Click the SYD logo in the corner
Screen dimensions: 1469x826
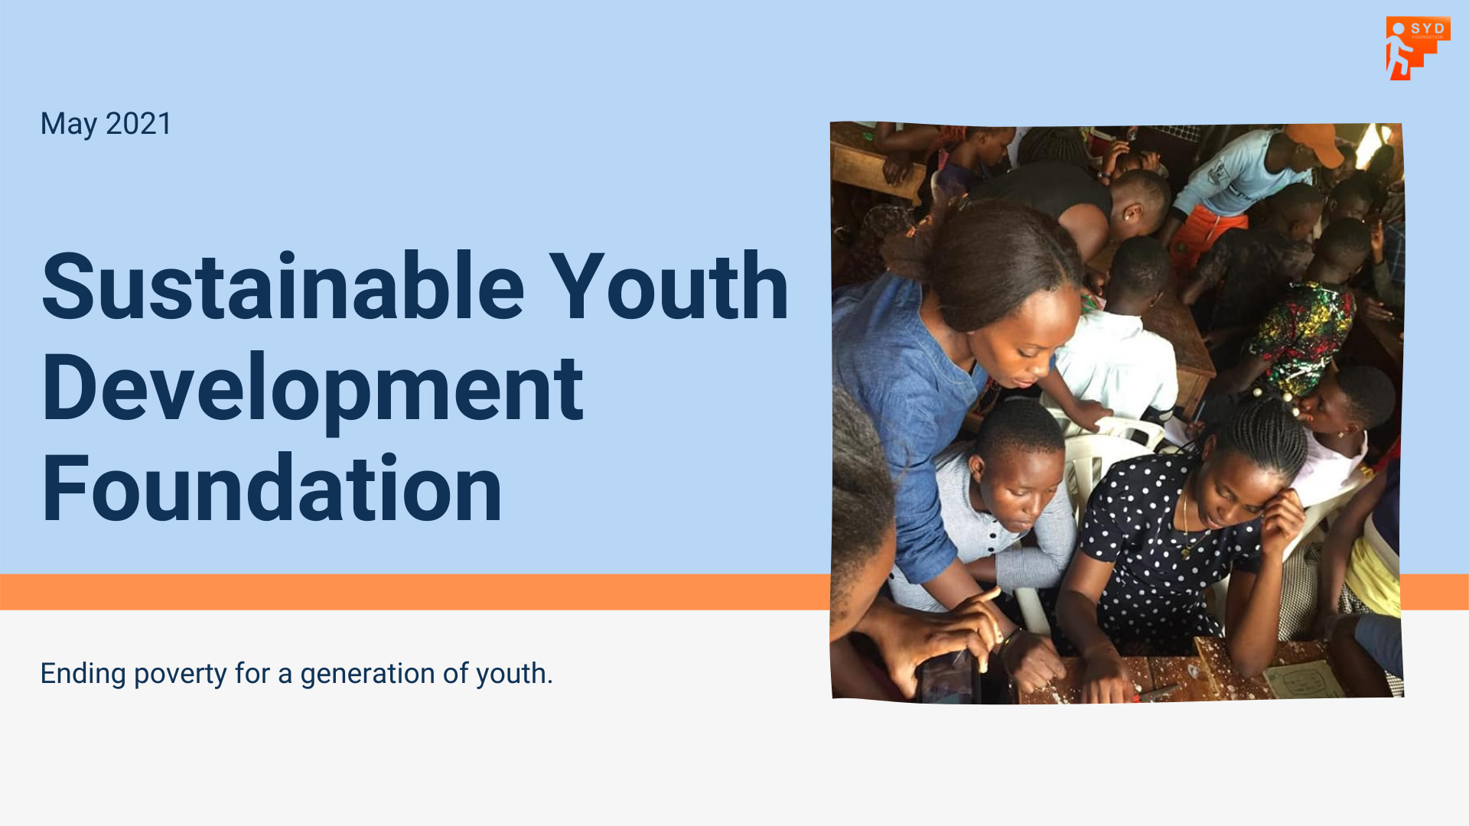pos(1418,48)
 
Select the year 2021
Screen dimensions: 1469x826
pos(138,124)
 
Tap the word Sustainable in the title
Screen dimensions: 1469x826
pos(283,287)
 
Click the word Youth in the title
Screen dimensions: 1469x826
pos(669,287)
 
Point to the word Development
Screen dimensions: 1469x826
pos(313,390)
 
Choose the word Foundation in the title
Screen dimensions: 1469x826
pos(272,489)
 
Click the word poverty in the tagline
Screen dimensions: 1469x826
pos(181,675)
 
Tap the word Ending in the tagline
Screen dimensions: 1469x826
pos(83,675)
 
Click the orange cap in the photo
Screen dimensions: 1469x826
pos(1315,143)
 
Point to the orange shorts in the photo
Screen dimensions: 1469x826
pos(1210,233)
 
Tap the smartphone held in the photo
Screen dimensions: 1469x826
pos(949,676)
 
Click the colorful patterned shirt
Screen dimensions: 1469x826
pos(1301,337)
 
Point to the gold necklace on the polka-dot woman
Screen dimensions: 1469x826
pos(1188,528)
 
